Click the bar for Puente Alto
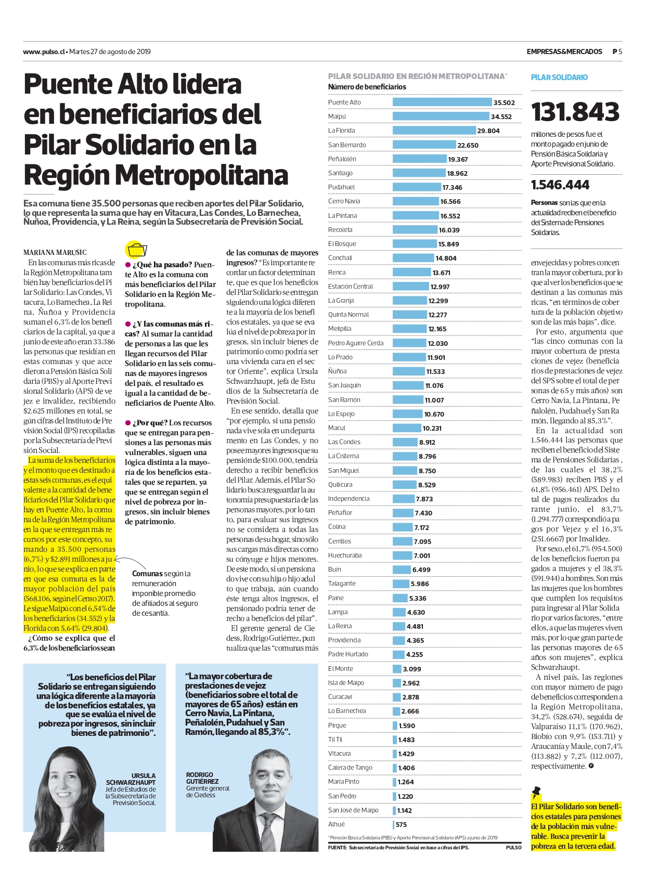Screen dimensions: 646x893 pos(442,102)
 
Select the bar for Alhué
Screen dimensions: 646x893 pos(394,824)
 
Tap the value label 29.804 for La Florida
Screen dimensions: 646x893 pos(488,131)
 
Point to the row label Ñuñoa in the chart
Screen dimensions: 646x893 pos(338,371)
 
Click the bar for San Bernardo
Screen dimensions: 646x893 pos(424,145)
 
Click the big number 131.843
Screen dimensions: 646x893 pos(575,112)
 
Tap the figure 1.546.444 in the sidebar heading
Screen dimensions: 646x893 pos(560,185)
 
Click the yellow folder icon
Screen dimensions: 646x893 pos(137,250)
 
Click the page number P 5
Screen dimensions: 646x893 pos(617,51)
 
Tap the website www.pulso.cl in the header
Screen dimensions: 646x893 pos(44,51)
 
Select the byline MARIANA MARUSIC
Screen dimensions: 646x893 pos(55,253)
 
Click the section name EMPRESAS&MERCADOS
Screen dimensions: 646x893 pos(564,51)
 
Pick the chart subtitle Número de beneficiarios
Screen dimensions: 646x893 pos(367,87)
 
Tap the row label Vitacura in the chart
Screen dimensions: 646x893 pos(340,754)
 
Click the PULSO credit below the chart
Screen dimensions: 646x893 pos(513,848)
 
